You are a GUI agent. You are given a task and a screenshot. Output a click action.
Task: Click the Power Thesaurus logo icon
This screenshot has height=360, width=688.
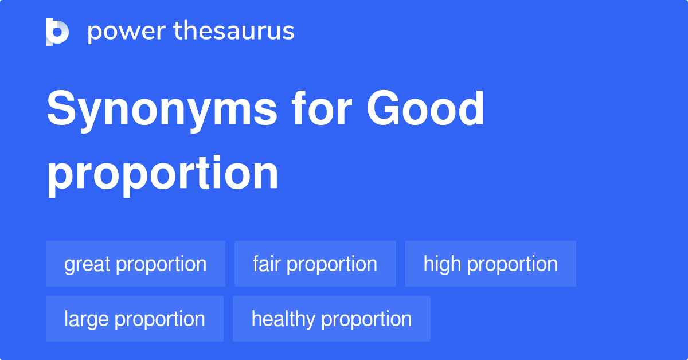(x=57, y=32)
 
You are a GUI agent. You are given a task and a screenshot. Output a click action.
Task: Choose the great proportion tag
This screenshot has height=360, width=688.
(x=135, y=264)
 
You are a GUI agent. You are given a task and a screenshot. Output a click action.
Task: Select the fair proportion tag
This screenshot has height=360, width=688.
(x=315, y=264)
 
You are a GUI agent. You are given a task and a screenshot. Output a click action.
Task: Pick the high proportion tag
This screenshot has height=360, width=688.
(x=490, y=264)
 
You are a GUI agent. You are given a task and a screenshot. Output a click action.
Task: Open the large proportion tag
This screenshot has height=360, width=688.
(x=135, y=319)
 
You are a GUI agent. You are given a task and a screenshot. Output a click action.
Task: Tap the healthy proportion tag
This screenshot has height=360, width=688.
(x=331, y=319)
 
